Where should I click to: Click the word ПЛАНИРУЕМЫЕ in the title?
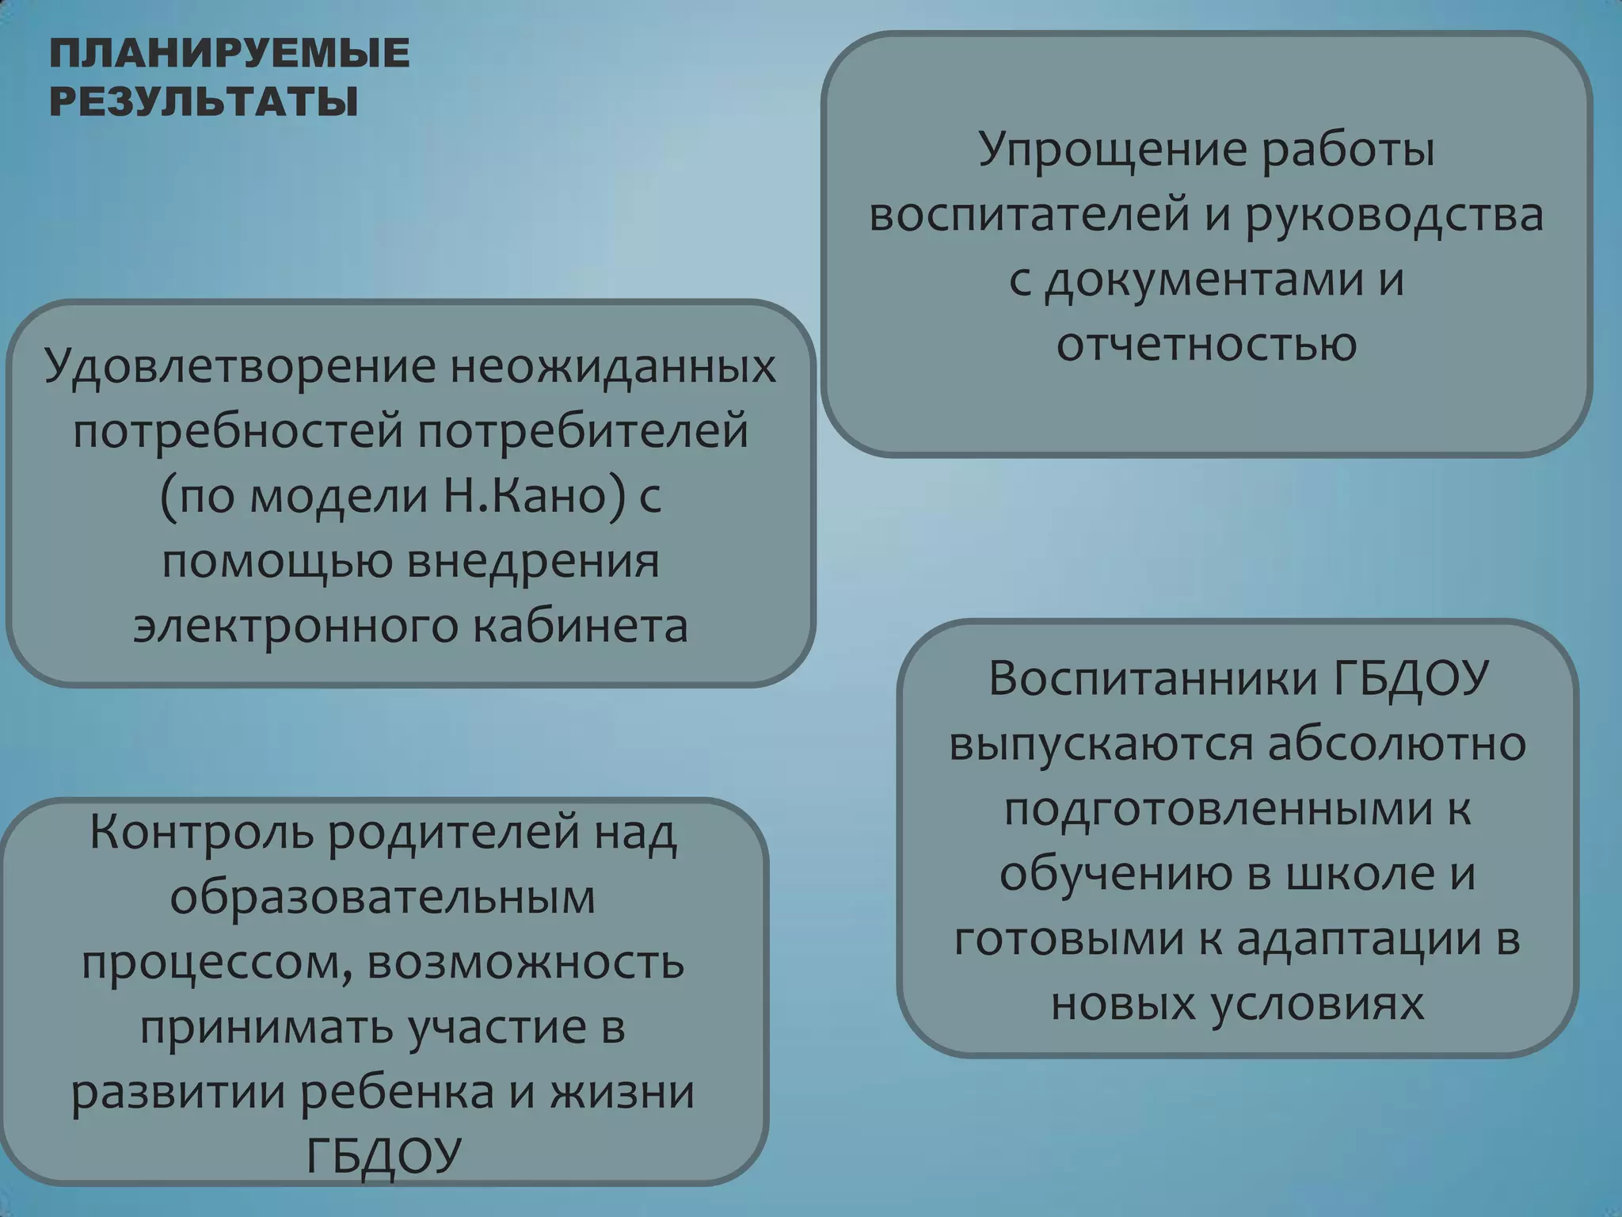[x=230, y=54]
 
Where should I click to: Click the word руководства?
[x=1394, y=216]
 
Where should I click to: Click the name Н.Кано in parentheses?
[x=536, y=497]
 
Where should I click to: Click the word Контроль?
[x=201, y=832]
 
